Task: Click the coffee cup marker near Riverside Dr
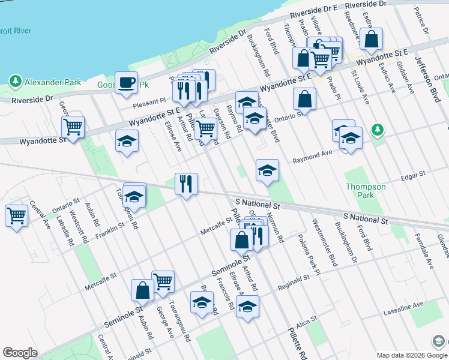coord(126,83)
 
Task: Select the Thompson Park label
coord(366,191)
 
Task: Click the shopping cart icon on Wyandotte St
coord(73,127)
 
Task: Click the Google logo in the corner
coord(20,353)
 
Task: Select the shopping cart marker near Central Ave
coord(16,215)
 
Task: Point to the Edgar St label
coord(412,173)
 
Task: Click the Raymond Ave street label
coord(313,157)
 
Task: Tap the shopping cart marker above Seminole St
coord(163,280)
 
